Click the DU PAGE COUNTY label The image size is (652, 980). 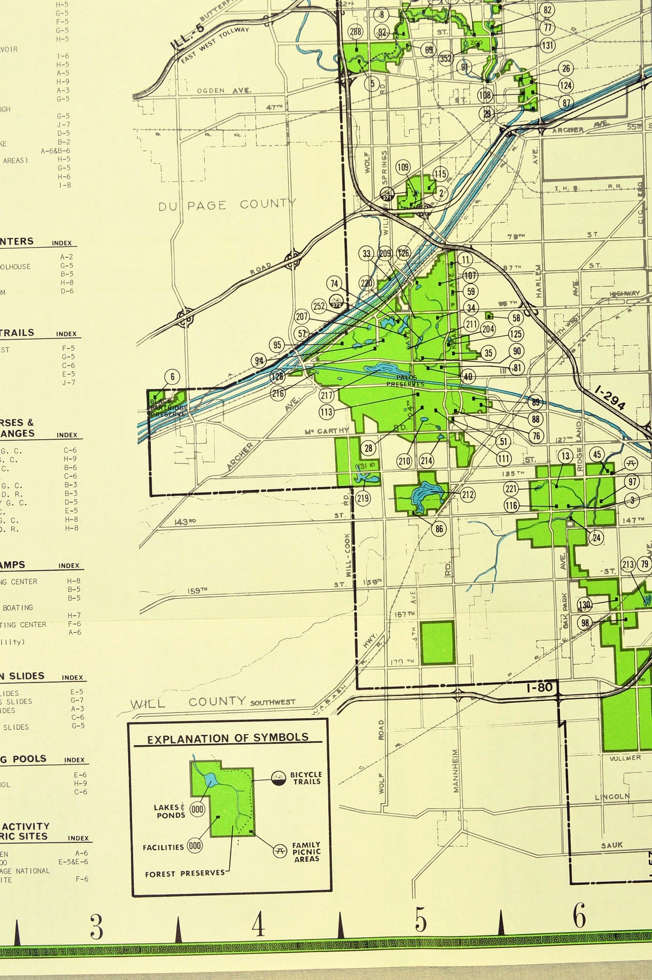pyautogui.click(x=227, y=205)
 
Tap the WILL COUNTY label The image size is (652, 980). pyautogui.click(x=188, y=703)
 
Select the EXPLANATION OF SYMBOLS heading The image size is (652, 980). pyautogui.click(x=228, y=738)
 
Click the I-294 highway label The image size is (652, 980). pyautogui.click(x=610, y=397)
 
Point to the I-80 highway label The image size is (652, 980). pyautogui.click(x=539, y=687)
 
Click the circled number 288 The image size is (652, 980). pyautogui.click(x=355, y=31)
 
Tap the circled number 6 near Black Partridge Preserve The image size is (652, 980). pyautogui.click(x=172, y=376)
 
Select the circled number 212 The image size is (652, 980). pyautogui.click(x=468, y=495)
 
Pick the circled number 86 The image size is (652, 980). pyautogui.click(x=439, y=529)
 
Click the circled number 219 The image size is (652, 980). pyautogui.click(x=363, y=498)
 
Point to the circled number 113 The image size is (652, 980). pyautogui.click(x=326, y=412)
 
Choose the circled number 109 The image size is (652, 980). pyautogui.click(x=403, y=167)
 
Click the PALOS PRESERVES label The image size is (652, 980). pyautogui.click(x=405, y=381)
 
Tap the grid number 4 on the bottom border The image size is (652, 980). pyautogui.click(x=258, y=925)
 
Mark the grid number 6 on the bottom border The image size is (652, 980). pyautogui.click(x=579, y=917)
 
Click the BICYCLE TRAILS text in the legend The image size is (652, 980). pyautogui.click(x=306, y=778)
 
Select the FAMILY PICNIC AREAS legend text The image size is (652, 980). pyautogui.click(x=306, y=851)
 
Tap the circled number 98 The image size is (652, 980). pyautogui.click(x=585, y=623)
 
